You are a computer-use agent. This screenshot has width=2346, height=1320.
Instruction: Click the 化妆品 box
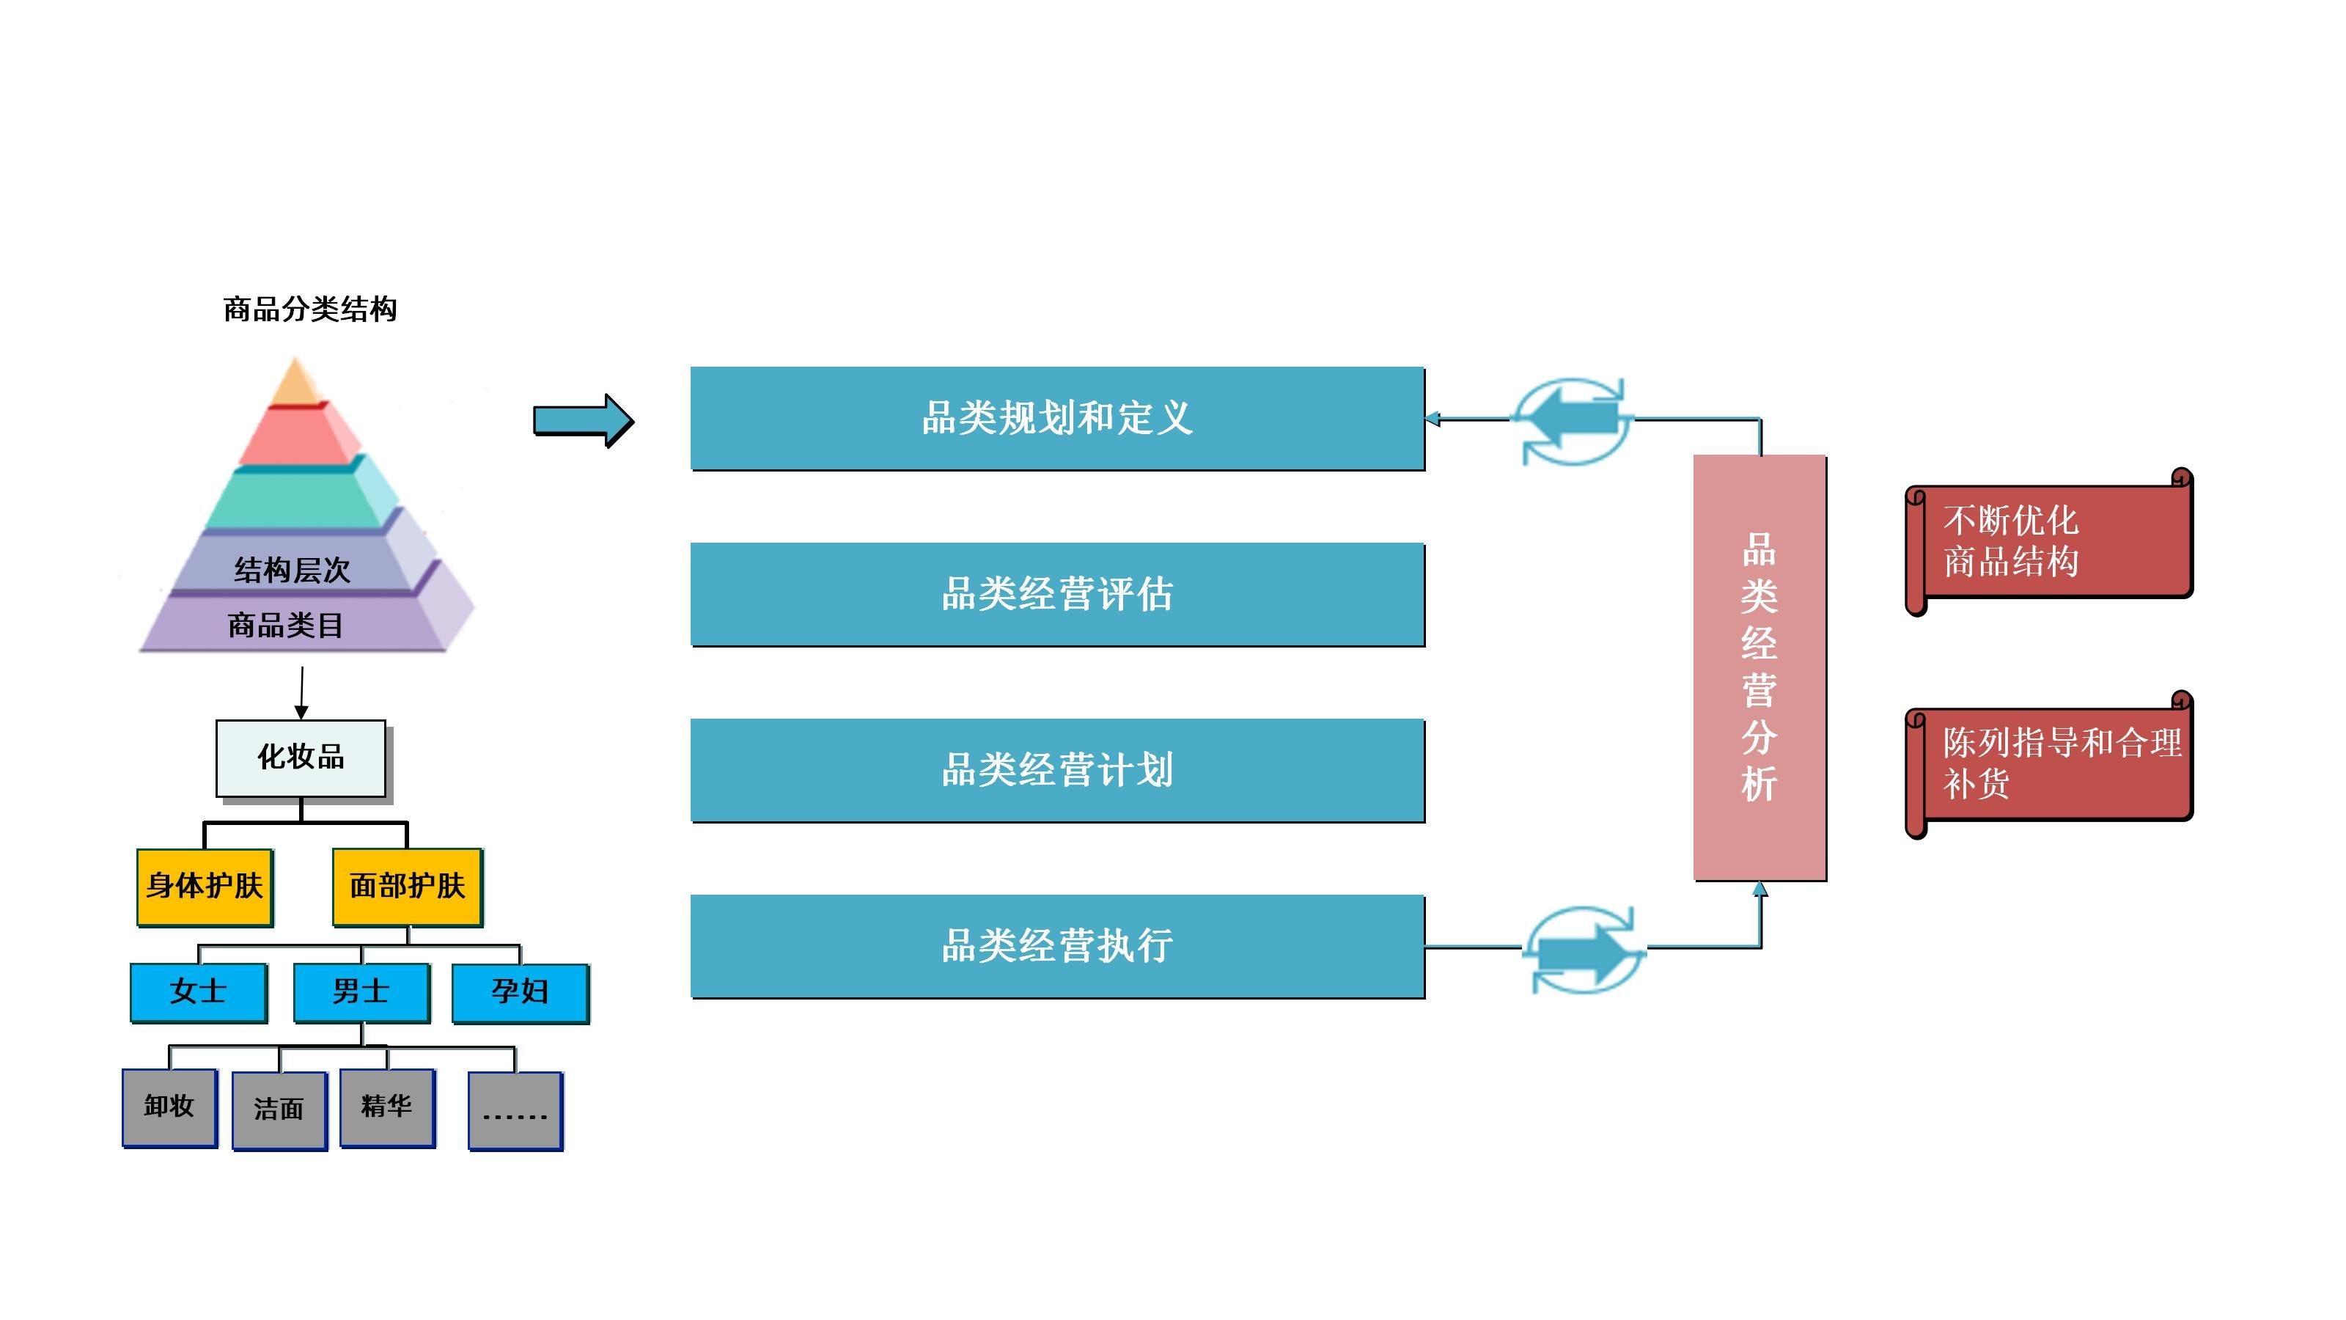[x=301, y=758]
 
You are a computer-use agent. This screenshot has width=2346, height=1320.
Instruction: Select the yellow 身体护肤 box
[x=205, y=887]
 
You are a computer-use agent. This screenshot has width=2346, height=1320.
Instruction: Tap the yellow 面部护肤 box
[x=407, y=887]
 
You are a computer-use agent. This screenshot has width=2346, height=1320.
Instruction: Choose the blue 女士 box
[x=199, y=992]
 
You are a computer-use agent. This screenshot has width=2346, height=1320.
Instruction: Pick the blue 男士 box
[x=361, y=992]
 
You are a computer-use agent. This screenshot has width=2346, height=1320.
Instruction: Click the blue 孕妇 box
[x=520, y=992]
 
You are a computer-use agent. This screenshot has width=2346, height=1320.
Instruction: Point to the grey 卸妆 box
[x=169, y=1107]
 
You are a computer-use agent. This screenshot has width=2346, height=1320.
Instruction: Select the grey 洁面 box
[x=279, y=1110]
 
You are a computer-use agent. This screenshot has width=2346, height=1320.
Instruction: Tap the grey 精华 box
[x=387, y=1107]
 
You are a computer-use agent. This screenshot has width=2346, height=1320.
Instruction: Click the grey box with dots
[x=515, y=1110]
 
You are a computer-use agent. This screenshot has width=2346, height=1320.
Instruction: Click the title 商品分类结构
[x=309, y=309]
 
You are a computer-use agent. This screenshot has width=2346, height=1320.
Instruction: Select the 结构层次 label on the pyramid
[x=292, y=571]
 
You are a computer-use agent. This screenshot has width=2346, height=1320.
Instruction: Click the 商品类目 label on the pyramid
[x=285, y=626]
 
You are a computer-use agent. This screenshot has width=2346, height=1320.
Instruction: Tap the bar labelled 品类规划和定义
[x=1056, y=418]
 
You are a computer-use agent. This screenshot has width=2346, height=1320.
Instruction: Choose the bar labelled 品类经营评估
[x=1056, y=594]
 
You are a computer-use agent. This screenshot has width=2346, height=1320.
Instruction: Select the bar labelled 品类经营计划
[x=1056, y=770]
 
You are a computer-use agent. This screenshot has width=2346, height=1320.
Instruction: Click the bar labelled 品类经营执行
[x=1056, y=945]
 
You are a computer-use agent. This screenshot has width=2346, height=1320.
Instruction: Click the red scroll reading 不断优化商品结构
[x=2049, y=542]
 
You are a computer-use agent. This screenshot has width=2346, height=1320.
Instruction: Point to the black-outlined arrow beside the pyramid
[x=583, y=421]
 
